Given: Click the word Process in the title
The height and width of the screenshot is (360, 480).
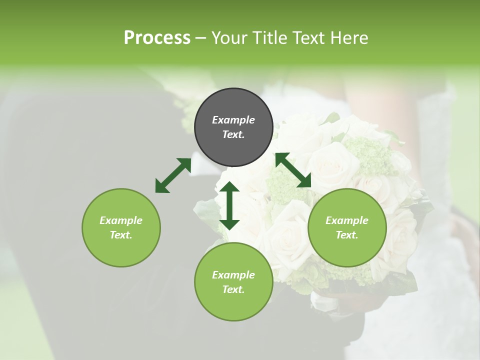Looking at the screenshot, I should click(x=157, y=37).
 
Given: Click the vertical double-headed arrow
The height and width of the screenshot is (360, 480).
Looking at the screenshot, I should click(x=229, y=205).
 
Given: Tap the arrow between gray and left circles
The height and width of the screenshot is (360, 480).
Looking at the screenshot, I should click(x=173, y=175).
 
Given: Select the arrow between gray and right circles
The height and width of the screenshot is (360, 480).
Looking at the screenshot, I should click(x=293, y=170).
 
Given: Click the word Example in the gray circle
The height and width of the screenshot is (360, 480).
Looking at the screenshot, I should click(x=233, y=120).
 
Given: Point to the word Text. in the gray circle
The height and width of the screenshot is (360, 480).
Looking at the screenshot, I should click(x=233, y=134).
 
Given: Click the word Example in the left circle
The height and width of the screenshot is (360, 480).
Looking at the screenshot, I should click(x=121, y=220).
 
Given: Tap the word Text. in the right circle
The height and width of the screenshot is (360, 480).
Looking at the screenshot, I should click(x=347, y=235).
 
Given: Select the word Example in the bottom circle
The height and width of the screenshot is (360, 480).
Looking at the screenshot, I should click(x=233, y=275).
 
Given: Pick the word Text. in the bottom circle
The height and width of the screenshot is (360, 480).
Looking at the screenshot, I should click(x=233, y=289).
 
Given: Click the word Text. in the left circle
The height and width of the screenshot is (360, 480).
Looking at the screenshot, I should click(x=121, y=235).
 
